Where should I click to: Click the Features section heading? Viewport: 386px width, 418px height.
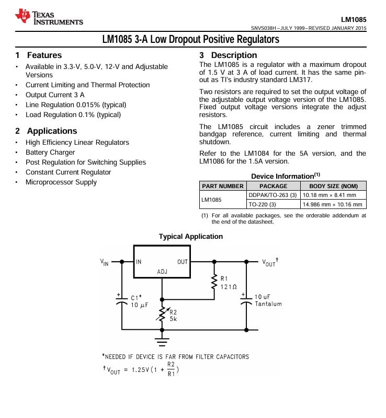pyautogui.click(x=44, y=55)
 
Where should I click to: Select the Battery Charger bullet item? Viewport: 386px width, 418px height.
pyautogui.click(x=50, y=153)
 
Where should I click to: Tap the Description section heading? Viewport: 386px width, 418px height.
pyautogui.click(x=234, y=55)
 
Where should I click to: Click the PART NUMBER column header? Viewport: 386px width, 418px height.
pyautogui.click(x=223, y=186)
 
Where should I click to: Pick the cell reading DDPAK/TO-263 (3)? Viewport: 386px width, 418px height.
pyautogui.click(x=273, y=195)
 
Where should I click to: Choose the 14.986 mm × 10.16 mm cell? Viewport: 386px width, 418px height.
pyautogui.click(x=333, y=204)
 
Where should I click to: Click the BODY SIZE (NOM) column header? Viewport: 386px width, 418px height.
pyautogui.click(x=333, y=186)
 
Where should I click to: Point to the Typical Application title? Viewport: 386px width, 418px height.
pyautogui.click(x=191, y=237)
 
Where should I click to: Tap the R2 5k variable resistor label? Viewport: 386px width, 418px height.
pyautogui.click(x=173, y=315)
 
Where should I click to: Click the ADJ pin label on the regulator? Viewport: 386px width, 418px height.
pyautogui.click(x=162, y=272)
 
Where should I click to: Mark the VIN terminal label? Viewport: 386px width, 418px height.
pyautogui.click(x=105, y=262)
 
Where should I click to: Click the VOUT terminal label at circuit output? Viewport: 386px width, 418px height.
pyautogui.click(x=269, y=262)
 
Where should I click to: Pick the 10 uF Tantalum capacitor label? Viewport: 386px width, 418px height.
pyautogui.click(x=268, y=300)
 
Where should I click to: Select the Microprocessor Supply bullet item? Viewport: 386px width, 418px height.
pyautogui.click(x=61, y=182)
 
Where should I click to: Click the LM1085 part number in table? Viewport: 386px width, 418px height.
pyautogui.click(x=212, y=200)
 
